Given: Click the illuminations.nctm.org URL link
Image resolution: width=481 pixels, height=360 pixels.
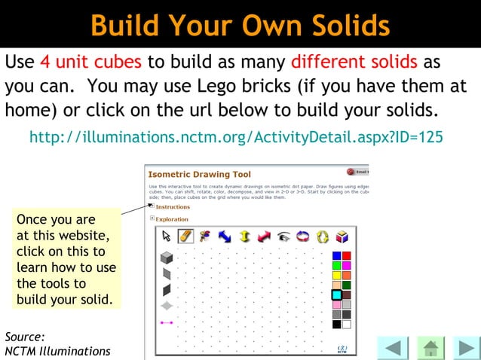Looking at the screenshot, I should (235, 138).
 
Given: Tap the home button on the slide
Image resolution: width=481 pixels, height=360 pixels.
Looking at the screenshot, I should (430, 348).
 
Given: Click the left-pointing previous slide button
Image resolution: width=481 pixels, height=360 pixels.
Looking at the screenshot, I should (392, 348).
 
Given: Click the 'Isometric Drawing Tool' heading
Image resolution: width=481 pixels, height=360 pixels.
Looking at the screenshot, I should (200, 174).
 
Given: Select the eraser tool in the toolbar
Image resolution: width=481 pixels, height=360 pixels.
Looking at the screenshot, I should (185, 236).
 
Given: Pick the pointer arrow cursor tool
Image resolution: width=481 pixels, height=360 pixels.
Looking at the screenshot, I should (167, 236).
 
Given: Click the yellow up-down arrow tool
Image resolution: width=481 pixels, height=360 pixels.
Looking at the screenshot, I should (244, 236).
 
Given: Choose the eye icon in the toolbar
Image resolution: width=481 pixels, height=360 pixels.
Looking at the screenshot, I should (283, 236).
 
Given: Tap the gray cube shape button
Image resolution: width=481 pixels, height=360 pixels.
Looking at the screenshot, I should (167, 258).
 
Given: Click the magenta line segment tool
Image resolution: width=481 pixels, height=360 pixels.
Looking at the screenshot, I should (167, 322).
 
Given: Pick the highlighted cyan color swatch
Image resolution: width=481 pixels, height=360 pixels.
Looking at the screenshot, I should (336, 295).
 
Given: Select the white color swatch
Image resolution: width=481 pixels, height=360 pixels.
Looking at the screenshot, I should (346, 325).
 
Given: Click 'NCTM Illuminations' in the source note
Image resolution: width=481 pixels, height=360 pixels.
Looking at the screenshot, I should (57, 351).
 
